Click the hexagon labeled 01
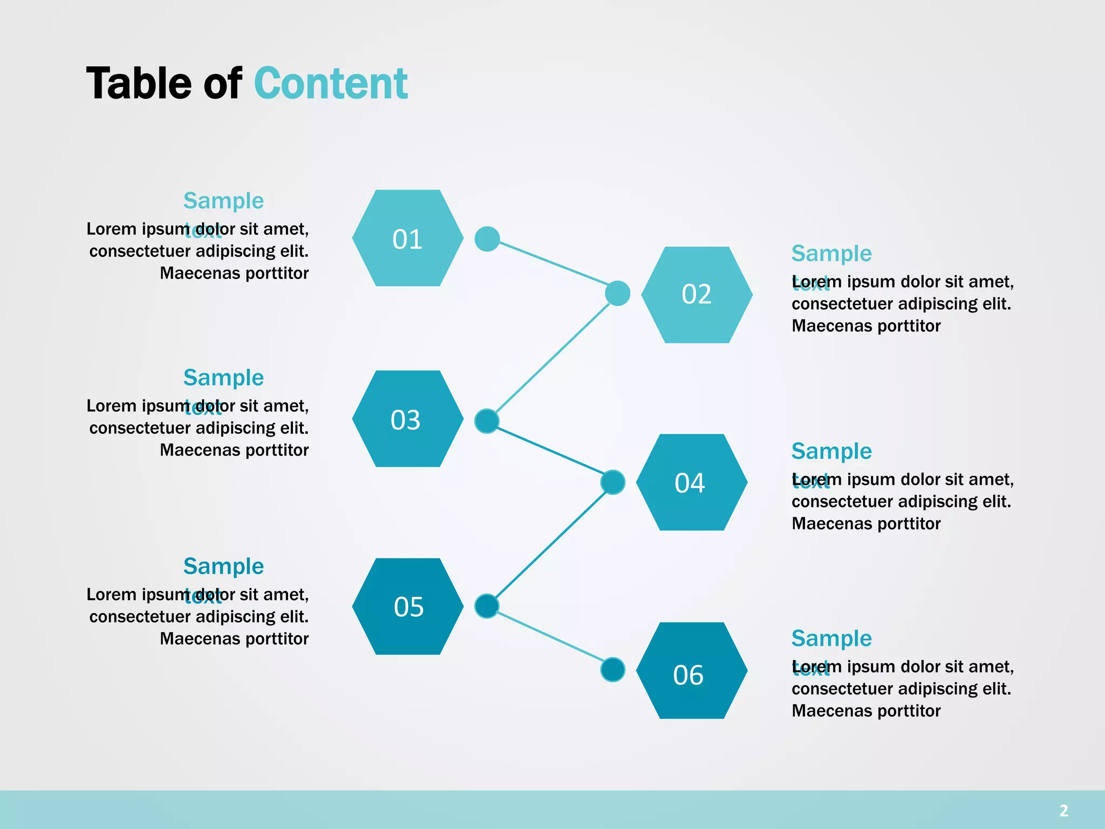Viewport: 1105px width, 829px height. pyautogui.click(x=407, y=238)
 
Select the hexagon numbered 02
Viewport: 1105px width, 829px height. pyautogui.click(x=697, y=295)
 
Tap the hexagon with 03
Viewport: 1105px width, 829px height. pyautogui.click(x=407, y=419)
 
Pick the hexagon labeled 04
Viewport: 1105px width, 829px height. pyautogui.click(x=691, y=482)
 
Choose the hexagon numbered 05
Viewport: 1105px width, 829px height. pyautogui.click(x=407, y=606)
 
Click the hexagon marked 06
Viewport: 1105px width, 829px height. pyautogui.click(x=691, y=670)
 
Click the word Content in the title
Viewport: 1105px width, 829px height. pyautogui.click(x=330, y=84)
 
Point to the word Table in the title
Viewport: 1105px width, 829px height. pyautogui.click(x=139, y=84)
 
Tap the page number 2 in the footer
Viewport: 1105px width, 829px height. pyautogui.click(x=1063, y=810)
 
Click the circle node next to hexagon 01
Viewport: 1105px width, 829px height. pyautogui.click(x=487, y=239)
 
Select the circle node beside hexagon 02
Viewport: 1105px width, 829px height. pyautogui.click(x=617, y=293)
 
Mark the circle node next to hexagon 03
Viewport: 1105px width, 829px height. pyautogui.click(x=487, y=421)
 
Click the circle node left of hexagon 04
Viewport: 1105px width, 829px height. pyautogui.click(x=612, y=482)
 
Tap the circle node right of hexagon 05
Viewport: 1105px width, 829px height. pyautogui.click(x=487, y=606)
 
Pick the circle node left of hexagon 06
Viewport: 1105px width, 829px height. pyautogui.click(x=612, y=670)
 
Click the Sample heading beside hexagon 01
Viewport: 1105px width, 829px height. pyautogui.click(x=223, y=201)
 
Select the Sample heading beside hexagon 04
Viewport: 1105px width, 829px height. pyautogui.click(x=831, y=451)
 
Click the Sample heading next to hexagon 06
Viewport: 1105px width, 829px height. pyautogui.click(x=831, y=638)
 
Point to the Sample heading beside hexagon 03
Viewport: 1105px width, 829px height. pyautogui.click(x=223, y=378)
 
